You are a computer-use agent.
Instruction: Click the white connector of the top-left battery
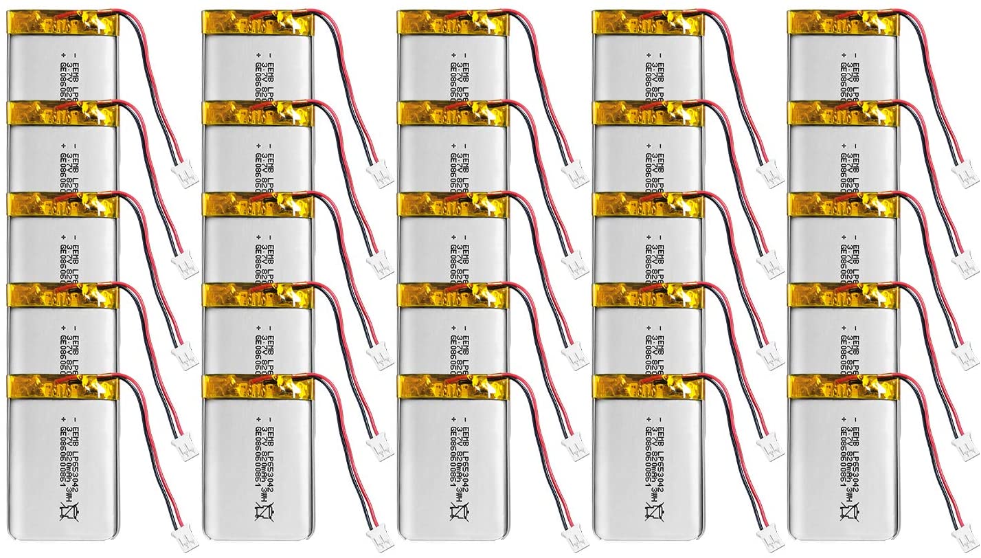coord(187,175)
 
